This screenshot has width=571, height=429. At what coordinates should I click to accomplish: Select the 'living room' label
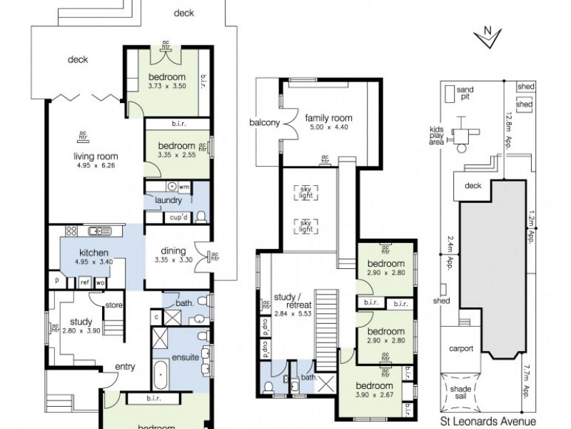point(95,157)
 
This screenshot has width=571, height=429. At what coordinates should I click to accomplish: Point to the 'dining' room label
point(173,251)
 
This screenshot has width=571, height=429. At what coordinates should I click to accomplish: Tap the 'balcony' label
point(264,122)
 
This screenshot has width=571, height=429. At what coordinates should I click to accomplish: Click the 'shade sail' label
point(463,393)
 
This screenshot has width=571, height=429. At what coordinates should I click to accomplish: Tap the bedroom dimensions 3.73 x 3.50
point(167,86)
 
